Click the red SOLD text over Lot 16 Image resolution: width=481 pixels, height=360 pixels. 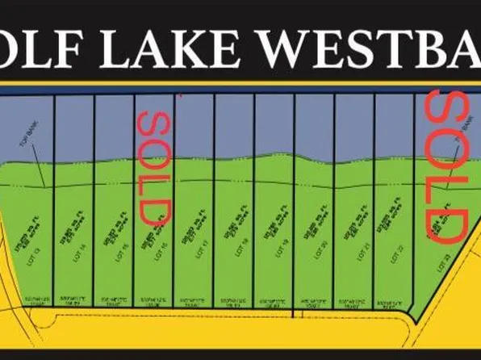tap(153, 166)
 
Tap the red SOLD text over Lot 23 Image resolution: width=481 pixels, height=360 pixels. tap(446, 166)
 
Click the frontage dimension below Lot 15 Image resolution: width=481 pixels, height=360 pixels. tap(114, 303)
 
